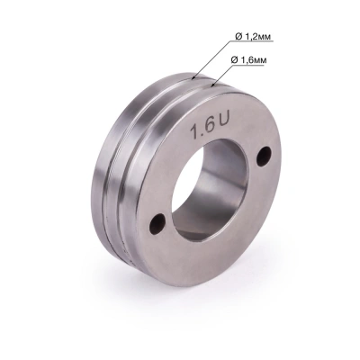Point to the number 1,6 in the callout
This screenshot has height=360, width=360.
pyautogui.click(x=259, y=58)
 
